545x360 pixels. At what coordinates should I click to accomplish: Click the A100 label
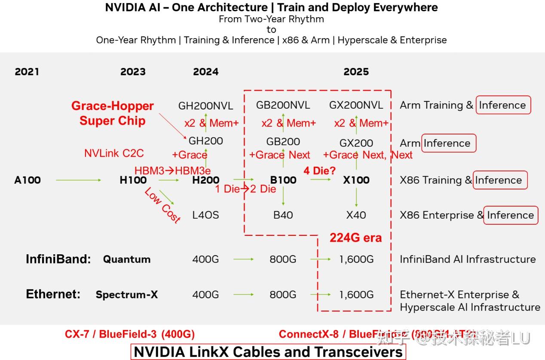click(28, 180)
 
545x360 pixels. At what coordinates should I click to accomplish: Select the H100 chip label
click(133, 180)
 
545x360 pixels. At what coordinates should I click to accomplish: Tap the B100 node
click(283, 180)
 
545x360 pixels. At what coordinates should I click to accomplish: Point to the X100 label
click(356, 180)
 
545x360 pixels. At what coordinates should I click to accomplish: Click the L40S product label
click(205, 215)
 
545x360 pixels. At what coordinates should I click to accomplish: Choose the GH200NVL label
click(205, 106)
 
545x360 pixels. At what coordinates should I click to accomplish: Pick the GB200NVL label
click(283, 105)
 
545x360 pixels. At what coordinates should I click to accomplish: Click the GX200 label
click(356, 143)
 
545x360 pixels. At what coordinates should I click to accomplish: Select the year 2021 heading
click(27, 72)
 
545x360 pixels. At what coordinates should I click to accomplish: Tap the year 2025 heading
click(356, 72)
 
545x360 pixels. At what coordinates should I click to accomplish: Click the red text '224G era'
click(355, 238)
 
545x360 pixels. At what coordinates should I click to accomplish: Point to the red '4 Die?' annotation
click(319, 171)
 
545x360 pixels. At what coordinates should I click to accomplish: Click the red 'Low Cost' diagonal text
click(162, 205)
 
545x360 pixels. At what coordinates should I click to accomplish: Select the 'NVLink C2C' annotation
click(114, 153)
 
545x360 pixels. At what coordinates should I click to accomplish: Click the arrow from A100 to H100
click(78, 180)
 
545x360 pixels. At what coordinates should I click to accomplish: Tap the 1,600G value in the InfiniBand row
click(356, 259)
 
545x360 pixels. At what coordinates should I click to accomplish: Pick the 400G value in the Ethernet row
click(205, 295)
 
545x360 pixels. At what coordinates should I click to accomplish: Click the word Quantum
click(127, 259)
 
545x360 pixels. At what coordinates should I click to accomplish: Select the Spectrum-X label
click(127, 295)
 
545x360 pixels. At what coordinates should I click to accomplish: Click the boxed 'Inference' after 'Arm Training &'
click(503, 105)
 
